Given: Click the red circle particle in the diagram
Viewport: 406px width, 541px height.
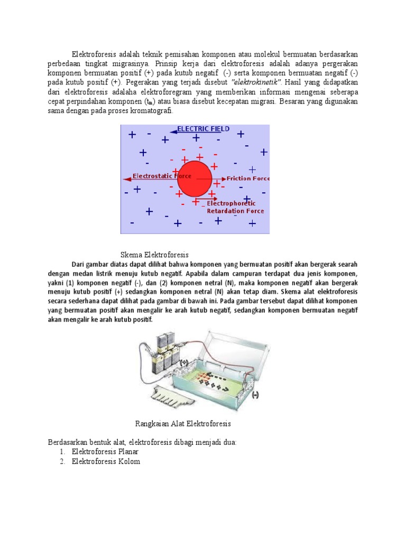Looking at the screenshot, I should tap(194, 178).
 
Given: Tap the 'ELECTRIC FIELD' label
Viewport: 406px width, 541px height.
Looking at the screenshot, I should tap(203, 128).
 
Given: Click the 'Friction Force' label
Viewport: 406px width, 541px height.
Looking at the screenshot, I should tap(248, 179).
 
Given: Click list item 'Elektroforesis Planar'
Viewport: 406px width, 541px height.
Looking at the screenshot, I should tap(106, 452).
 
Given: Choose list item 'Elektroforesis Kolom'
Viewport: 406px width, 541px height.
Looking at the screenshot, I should tap(106, 462).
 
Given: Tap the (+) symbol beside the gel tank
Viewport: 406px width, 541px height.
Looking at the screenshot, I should tap(184, 362).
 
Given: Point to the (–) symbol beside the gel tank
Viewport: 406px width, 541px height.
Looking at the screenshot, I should tap(255, 395).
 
